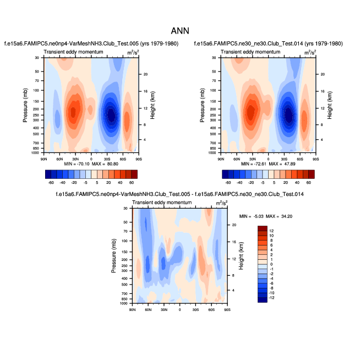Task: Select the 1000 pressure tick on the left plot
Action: [x=36, y=152]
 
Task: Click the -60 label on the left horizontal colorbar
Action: [x=51, y=182]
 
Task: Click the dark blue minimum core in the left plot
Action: [x=112, y=115]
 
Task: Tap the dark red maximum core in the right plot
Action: [x=251, y=113]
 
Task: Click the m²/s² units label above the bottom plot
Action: [x=222, y=203]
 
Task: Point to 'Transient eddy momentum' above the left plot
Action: [x=71, y=52]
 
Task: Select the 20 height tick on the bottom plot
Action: [x=234, y=225]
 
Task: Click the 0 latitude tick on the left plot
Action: [x=91, y=159]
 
